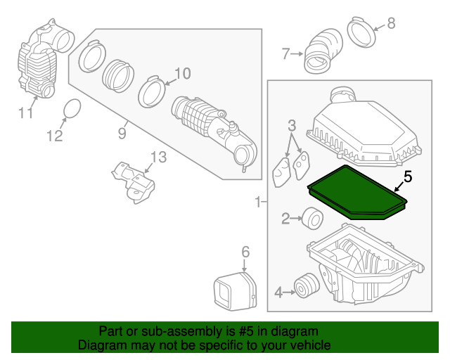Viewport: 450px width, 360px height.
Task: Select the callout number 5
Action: (x=408, y=178)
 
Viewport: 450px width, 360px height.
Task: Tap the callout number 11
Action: (x=26, y=112)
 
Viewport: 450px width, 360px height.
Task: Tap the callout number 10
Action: (x=182, y=73)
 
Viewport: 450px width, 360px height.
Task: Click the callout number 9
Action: (x=122, y=131)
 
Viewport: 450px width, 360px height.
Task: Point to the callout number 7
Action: (x=285, y=53)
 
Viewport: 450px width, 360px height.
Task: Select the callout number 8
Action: (x=391, y=23)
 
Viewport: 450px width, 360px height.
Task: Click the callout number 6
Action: (x=245, y=252)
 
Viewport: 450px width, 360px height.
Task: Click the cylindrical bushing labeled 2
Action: (x=311, y=219)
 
